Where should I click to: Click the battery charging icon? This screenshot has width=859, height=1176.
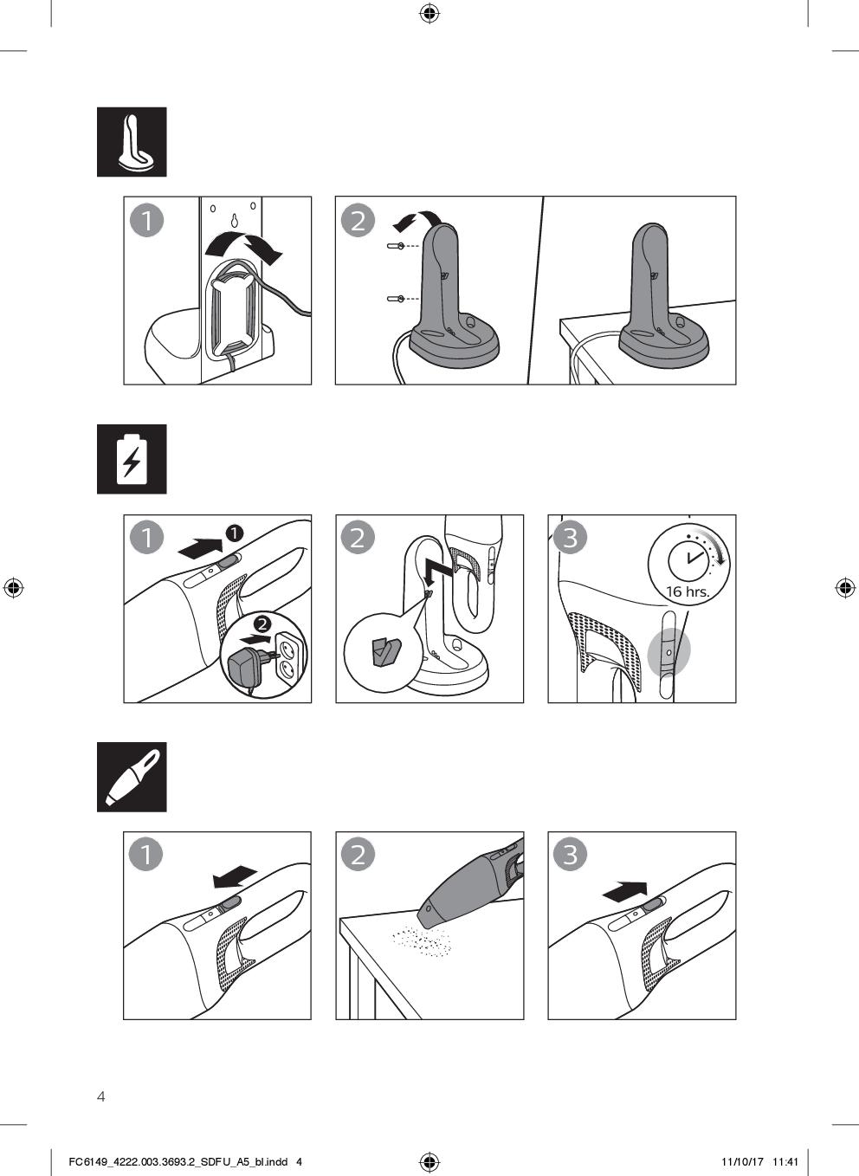[132, 459]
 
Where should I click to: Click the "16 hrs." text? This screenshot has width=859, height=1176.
[688, 591]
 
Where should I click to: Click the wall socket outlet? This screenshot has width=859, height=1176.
[287, 656]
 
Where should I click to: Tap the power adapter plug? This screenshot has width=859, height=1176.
[248, 666]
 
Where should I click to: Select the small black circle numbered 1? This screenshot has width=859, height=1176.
[234, 533]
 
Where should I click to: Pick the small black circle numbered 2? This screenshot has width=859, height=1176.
[262, 624]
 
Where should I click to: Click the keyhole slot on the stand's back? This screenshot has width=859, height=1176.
[234, 220]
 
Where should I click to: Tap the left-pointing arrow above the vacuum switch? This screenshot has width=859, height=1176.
[236, 876]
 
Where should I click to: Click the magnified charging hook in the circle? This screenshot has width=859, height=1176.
[385, 651]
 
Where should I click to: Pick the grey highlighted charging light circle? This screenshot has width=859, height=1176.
[668, 653]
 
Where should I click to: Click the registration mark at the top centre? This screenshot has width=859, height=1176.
[429, 13]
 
